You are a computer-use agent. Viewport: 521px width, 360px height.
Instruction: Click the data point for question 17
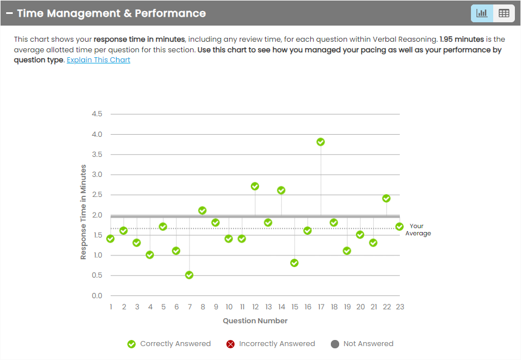[x=321, y=142]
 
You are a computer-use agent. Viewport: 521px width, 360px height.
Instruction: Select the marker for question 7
[x=189, y=275]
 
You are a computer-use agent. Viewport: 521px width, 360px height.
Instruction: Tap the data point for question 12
[x=255, y=186]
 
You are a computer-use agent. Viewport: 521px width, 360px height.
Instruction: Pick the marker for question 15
[x=295, y=263]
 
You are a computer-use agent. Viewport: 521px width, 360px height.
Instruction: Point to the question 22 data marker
[x=386, y=198]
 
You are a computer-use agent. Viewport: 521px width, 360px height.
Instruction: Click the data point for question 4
[x=150, y=255]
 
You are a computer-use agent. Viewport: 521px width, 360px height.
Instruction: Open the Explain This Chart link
[x=98, y=60]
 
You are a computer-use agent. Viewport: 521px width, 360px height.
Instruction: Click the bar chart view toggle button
[x=482, y=13]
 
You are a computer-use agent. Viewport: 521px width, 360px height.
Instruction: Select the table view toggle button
[x=504, y=13]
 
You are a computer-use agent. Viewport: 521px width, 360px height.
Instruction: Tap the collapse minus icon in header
[x=9, y=13]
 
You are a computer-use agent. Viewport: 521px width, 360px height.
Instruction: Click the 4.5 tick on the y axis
[x=97, y=114]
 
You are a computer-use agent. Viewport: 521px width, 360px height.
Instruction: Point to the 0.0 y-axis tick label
[x=97, y=295]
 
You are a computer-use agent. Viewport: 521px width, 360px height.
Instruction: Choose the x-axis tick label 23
[x=399, y=307]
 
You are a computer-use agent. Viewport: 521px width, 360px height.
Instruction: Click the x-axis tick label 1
[x=111, y=307]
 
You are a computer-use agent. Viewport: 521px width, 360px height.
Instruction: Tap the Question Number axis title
[x=255, y=320]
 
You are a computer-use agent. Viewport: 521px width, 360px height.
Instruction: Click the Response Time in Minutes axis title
[x=83, y=212]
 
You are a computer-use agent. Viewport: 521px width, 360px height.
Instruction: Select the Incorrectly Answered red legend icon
[x=230, y=344]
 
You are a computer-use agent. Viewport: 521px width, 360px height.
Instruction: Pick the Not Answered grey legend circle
[x=335, y=344]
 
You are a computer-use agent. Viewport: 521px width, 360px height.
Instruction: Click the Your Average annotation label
[x=417, y=230]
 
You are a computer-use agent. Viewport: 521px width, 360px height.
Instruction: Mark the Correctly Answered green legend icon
[x=131, y=344]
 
